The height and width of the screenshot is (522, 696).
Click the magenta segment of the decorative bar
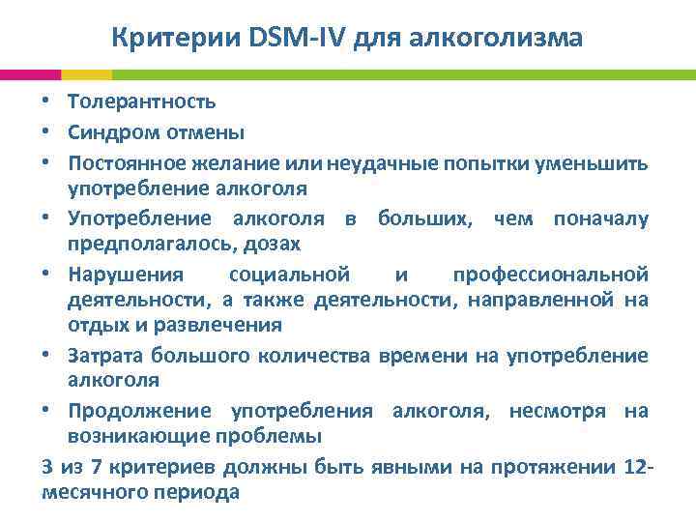(x=30, y=73)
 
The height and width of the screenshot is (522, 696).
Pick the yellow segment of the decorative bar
(x=86, y=73)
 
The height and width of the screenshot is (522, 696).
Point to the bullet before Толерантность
(x=47, y=101)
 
